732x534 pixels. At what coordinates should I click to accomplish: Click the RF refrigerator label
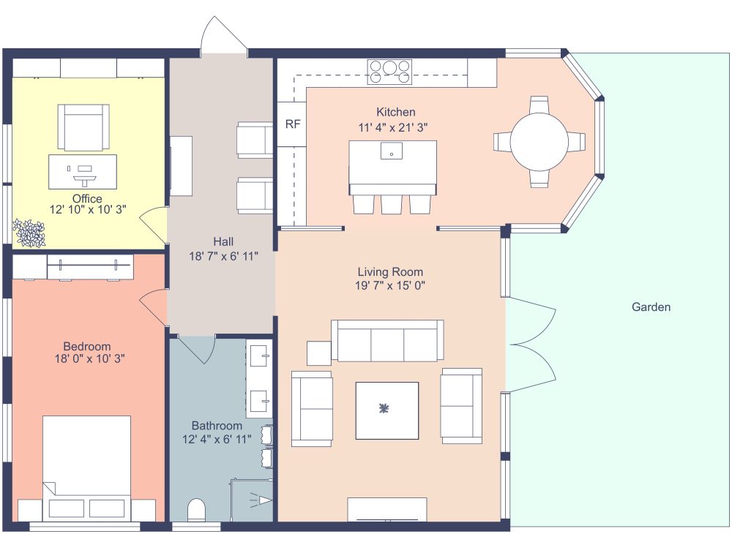[x=292, y=124]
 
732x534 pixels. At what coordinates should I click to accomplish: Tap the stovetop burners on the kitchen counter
[x=389, y=72]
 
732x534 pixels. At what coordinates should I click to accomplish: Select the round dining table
[x=539, y=141]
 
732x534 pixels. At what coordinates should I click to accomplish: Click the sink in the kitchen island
[x=392, y=154]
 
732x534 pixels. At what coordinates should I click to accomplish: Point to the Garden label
[x=651, y=307]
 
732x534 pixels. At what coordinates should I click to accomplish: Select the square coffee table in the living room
[x=386, y=410]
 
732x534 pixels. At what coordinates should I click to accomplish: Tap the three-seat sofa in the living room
[x=387, y=341]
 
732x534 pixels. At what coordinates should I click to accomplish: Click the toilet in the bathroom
[x=196, y=511]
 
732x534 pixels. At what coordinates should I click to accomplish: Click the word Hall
[x=223, y=241]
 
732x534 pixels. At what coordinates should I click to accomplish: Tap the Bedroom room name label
[x=86, y=346]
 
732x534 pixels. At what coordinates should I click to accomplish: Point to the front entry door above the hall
[x=223, y=37]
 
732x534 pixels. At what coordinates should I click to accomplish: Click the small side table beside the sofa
[x=319, y=353]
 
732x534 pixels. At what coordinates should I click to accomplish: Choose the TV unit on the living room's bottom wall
[x=386, y=509]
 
